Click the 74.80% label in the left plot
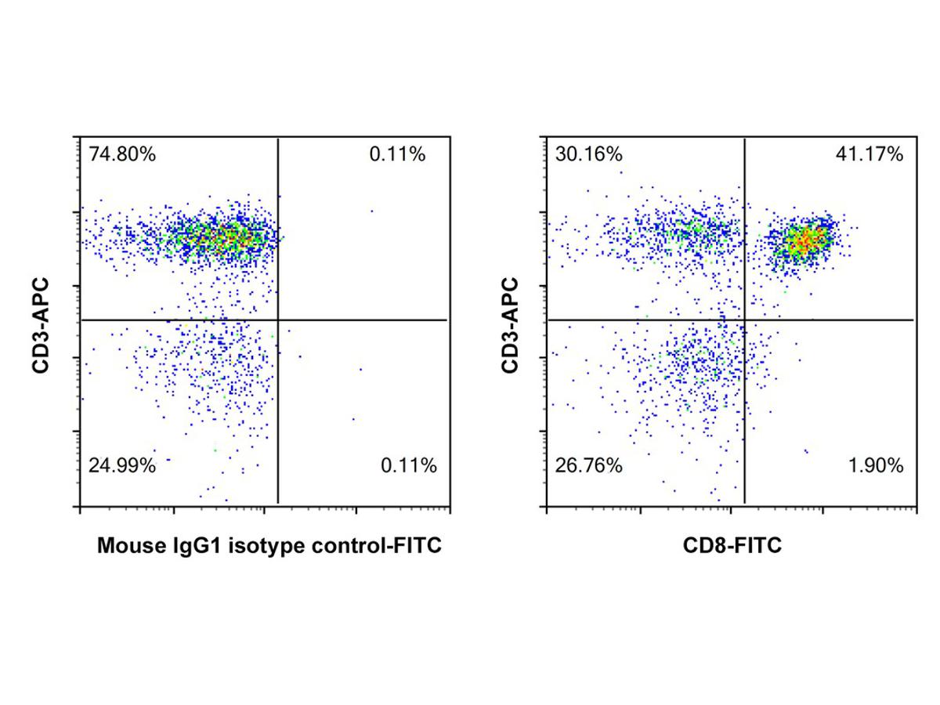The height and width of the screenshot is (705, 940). (121, 154)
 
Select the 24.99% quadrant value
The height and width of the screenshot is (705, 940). (121, 466)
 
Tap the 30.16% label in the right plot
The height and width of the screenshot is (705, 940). (588, 154)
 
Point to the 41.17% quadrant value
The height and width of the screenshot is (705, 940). (869, 154)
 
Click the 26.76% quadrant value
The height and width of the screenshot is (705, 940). (588, 466)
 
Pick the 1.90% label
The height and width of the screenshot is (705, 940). (875, 466)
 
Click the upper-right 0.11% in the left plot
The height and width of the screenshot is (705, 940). (397, 154)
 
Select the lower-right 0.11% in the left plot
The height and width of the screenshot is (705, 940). (408, 466)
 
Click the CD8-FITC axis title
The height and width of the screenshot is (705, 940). (730, 546)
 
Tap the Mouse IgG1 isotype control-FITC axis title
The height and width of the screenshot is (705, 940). (269, 546)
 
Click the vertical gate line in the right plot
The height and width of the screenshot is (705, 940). (744, 407)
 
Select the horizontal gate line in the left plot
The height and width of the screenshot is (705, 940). (360, 320)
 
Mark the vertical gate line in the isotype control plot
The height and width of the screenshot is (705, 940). (278, 407)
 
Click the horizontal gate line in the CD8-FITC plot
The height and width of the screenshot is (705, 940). (830, 320)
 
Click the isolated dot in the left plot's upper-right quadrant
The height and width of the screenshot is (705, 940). (371, 211)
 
